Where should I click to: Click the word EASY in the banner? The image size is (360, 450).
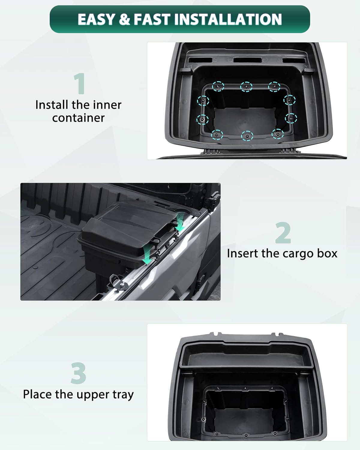(x=96, y=19)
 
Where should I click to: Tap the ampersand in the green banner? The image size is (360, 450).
(x=124, y=19)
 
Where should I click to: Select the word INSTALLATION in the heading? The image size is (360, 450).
(x=228, y=19)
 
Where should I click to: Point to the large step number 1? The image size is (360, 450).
(x=79, y=84)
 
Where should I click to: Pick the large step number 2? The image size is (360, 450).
(x=283, y=233)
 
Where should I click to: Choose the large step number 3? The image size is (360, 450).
(x=78, y=373)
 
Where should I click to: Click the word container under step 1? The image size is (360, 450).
(x=78, y=118)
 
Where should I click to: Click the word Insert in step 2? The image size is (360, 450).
(x=243, y=253)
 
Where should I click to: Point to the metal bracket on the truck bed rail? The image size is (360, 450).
(x=118, y=281)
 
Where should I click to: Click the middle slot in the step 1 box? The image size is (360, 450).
(x=247, y=60)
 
